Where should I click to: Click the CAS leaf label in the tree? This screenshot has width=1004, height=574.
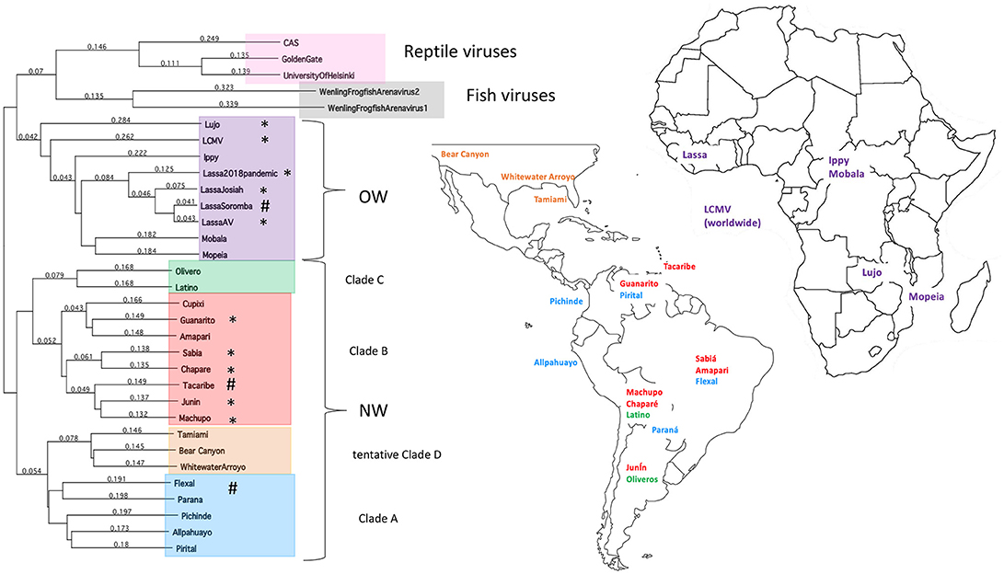291,43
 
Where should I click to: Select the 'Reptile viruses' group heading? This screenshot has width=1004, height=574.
460,52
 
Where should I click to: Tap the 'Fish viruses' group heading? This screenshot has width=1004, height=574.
511,96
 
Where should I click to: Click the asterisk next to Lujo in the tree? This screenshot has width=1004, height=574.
264,124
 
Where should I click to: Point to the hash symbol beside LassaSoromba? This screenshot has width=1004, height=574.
264,206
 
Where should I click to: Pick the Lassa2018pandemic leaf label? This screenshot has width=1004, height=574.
240,174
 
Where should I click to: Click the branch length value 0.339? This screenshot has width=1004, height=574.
228,104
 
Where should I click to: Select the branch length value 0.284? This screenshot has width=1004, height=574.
121,120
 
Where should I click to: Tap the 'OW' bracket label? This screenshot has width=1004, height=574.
373,197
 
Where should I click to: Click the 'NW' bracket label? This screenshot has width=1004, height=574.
373,410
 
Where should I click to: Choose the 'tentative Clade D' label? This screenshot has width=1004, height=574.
397,455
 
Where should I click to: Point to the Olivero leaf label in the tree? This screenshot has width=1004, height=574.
188,271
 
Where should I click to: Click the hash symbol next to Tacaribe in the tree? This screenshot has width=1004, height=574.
231,384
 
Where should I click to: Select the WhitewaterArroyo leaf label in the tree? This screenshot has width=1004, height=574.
213,467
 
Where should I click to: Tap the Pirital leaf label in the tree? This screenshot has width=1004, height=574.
186,548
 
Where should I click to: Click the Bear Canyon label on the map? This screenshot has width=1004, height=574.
465,155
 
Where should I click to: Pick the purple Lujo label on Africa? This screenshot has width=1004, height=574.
871,272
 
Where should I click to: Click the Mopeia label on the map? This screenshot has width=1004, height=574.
926,297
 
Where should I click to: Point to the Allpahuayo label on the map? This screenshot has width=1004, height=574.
556,362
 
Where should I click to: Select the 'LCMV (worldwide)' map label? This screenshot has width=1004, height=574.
733,216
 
